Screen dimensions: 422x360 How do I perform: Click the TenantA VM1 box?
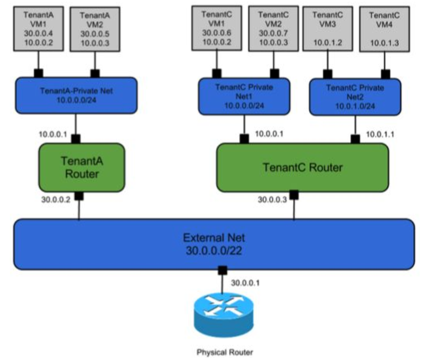[x=39, y=29]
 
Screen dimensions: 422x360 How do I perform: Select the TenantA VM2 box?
[x=95, y=29]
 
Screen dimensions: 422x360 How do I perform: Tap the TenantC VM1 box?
[x=217, y=28]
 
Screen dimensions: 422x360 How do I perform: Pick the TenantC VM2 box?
[x=273, y=29]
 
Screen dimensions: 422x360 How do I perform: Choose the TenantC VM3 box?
[x=328, y=29]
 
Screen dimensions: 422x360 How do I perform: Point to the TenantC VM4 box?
[x=384, y=29]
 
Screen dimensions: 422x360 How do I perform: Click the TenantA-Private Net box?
[x=76, y=96]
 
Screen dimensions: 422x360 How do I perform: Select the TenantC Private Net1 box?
[x=244, y=96]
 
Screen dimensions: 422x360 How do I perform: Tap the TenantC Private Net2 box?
[x=355, y=97]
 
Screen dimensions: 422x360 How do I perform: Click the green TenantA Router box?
[x=82, y=168]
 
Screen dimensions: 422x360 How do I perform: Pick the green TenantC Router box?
[x=303, y=168]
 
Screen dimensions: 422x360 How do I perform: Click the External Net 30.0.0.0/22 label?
[x=214, y=244]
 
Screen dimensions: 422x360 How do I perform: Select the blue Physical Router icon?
[x=224, y=315]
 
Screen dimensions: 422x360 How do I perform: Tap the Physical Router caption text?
[x=225, y=352]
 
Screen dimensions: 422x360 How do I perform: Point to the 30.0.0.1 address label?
[x=245, y=283]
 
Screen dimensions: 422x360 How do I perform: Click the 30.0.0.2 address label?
[x=56, y=199]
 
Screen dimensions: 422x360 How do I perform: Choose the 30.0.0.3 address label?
[x=272, y=200]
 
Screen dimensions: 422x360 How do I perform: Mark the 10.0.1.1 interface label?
[x=380, y=134]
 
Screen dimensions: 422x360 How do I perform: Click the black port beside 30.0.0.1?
[x=222, y=271]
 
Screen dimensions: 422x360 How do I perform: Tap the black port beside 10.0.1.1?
[x=355, y=139]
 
